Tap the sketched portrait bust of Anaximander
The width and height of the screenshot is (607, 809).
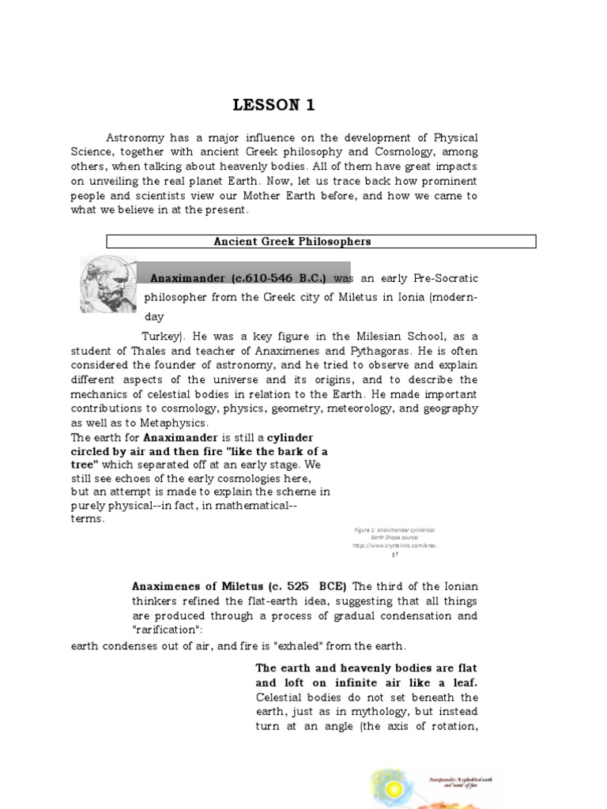point(109,285)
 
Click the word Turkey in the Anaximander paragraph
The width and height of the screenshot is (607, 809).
point(160,336)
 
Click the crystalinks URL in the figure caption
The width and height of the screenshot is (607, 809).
point(393,545)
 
